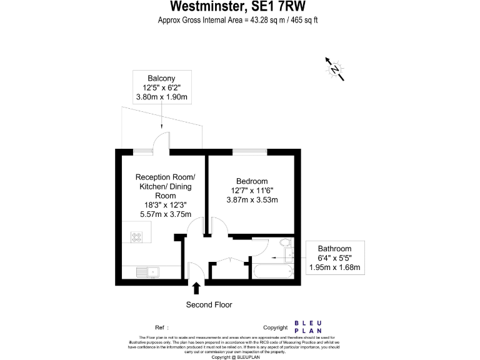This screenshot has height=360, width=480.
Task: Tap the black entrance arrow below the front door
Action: point(197,288)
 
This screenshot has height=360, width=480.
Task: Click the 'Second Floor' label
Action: point(209,305)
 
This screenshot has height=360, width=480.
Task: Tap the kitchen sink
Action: point(148,271)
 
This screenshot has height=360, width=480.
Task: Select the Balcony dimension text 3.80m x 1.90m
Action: point(162,97)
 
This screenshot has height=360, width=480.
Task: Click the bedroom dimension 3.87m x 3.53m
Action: point(252,200)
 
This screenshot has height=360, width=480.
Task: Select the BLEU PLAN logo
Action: point(308,327)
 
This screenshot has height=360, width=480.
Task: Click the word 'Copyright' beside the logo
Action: point(275,327)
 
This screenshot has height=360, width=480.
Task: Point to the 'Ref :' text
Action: point(162,327)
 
